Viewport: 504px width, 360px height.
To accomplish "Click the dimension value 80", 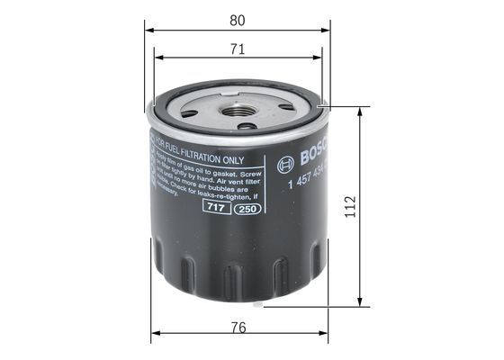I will [x=238, y=18].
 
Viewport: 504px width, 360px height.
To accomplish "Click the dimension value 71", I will [x=238, y=49].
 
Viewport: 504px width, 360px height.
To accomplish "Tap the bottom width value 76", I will [x=238, y=328].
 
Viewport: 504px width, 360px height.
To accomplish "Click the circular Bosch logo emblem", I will [x=287, y=164].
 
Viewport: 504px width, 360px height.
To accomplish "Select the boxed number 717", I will [x=214, y=207].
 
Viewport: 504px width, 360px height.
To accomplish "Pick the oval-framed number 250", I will [x=244, y=209].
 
